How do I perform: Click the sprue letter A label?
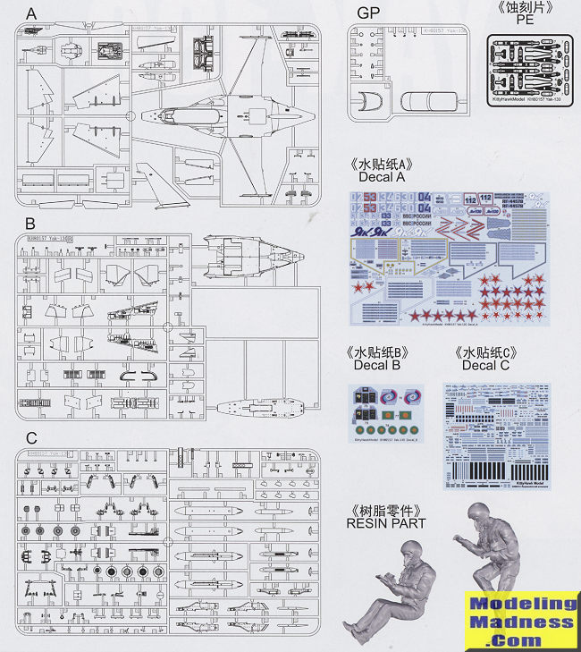point(32,15)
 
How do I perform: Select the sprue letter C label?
point(31,437)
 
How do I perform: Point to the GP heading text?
point(368,13)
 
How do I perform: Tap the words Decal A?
point(383,177)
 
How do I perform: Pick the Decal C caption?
point(486,365)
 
